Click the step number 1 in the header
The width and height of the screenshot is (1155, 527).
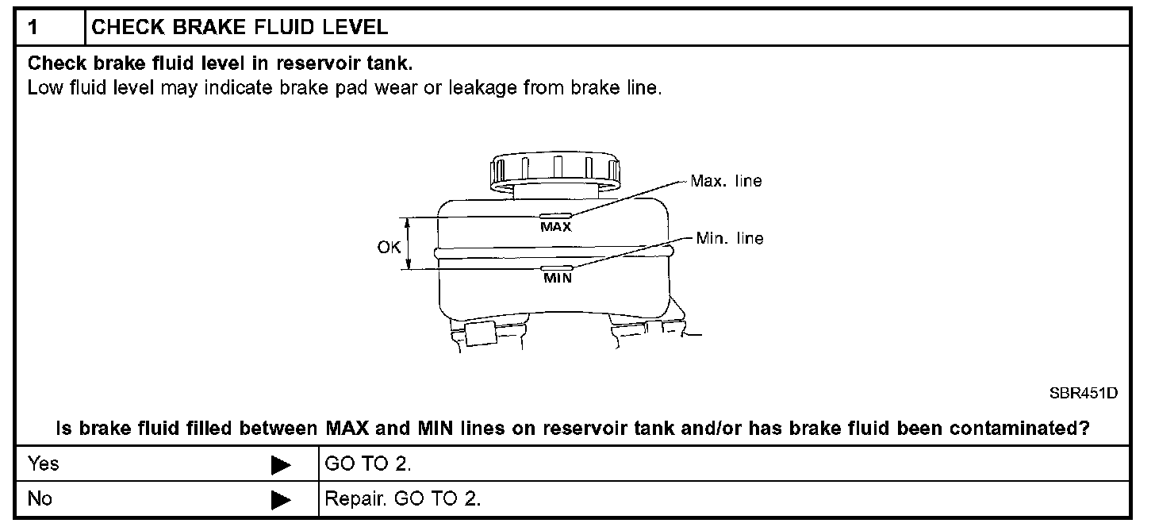pyautogui.click(x=33, y=28)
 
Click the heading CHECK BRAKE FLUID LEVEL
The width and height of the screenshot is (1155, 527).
pyautogui.click(x=240, y=28)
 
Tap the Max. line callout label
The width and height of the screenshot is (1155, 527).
pyautogui.click(x=726, y=181)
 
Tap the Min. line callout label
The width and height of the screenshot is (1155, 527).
pyautogui.click(x=730, y=237)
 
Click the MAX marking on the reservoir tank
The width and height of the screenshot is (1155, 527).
pyautogui.click(x=556, y=226)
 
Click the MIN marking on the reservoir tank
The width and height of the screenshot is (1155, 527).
pyautogui.click(x=557, y=278)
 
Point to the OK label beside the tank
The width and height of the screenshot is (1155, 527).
pyautogui.click(x=389, y=247)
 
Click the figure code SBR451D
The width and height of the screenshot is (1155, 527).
pyautogui.click(x=1083, y=393)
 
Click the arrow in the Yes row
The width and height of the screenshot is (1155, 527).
pyautogui.click(x=281, y=465)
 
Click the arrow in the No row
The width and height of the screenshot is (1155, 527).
pyautogui.click(x=281, y=500)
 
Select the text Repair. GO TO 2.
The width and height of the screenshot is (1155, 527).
pyautogui.click(x=403, y=499)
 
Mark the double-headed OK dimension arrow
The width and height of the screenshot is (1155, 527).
pyautogui.click(x=409, y=245)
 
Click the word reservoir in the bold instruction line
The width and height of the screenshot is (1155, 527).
pyautogui.click(x=308, y=63)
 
